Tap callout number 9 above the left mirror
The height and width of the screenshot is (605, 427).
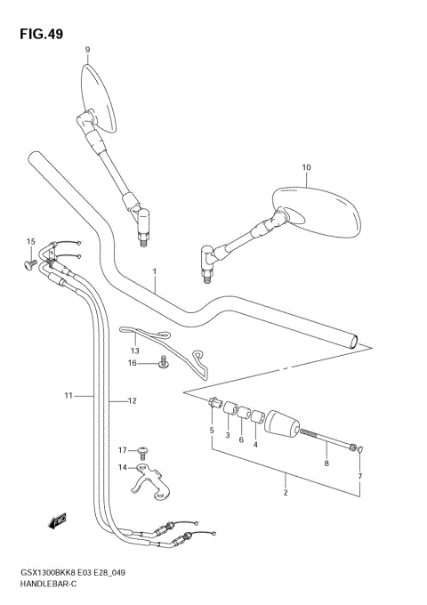(87, 49)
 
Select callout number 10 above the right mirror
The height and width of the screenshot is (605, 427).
(306, 167)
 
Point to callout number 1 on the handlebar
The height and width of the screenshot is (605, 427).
(154, 271)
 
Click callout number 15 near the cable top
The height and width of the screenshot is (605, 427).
(29, 242)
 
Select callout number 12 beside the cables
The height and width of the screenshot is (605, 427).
(131, 401)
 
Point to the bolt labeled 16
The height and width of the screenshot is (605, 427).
(163, 361)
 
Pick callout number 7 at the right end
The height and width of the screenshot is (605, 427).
(360, 478)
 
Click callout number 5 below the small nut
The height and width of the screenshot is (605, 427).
(212, 431)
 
